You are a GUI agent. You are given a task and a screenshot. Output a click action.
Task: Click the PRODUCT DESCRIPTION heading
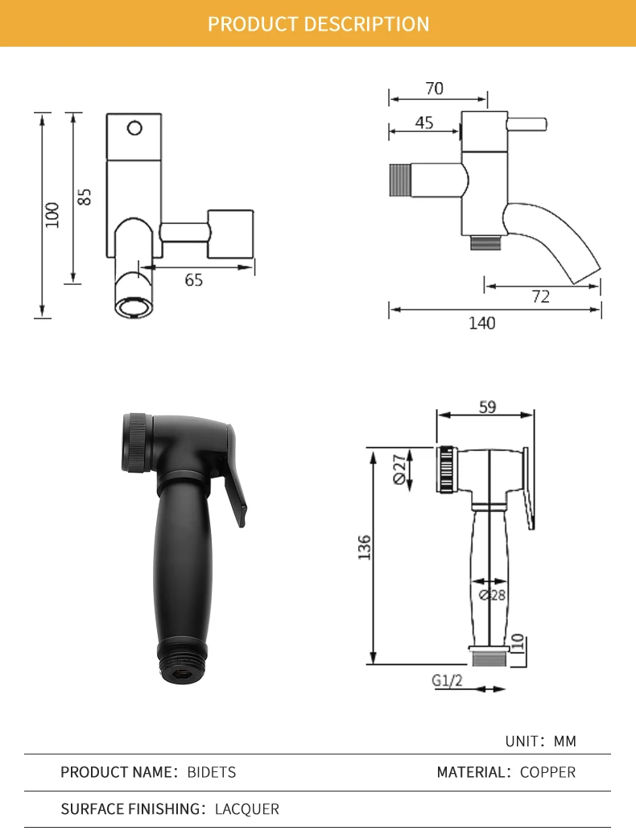point(318,24)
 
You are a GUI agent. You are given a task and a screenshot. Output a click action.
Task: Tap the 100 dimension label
point(52,215)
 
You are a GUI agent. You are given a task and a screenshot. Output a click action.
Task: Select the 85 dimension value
point(84,197)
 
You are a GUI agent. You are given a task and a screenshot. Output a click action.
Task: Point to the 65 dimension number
point(194,280)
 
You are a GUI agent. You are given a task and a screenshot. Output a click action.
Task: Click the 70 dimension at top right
point(435,89)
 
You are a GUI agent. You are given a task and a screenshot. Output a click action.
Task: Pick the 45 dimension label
point(424,122)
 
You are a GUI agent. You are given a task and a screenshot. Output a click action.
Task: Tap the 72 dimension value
point(541,296)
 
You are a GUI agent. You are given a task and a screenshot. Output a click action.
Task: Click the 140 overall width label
point(482,323)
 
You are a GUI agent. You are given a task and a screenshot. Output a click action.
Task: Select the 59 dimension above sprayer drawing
point(487,407)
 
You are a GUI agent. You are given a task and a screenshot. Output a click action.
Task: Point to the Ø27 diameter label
point(399,469)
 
